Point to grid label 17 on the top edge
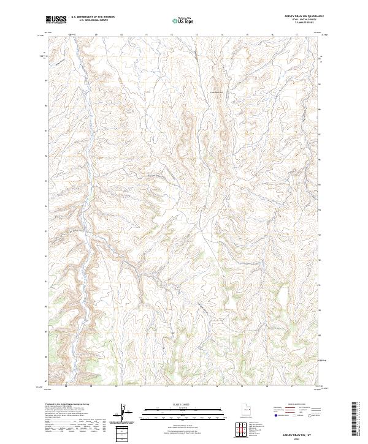(x=297, y=35)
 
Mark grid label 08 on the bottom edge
(x=64, y=386)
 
